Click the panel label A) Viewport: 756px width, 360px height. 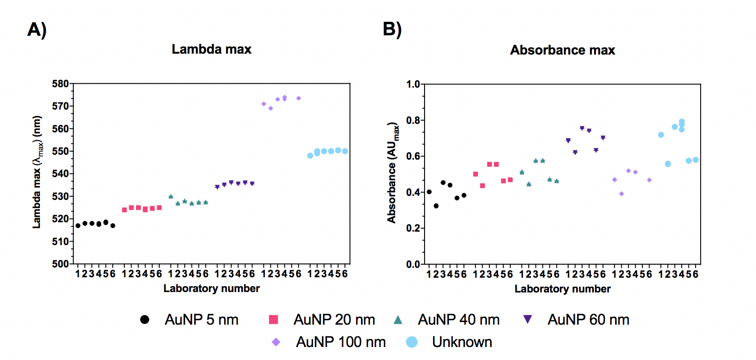37,30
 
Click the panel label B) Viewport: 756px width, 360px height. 392,30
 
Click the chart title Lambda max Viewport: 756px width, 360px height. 212,49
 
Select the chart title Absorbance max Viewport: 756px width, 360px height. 562,50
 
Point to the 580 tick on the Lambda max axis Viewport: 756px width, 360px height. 60,84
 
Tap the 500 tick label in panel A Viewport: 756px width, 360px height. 60,264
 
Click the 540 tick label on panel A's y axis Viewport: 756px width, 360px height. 60,174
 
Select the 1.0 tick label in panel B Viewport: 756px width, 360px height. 413,84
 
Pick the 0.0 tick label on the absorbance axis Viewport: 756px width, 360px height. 413,264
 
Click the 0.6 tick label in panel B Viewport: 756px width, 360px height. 413,156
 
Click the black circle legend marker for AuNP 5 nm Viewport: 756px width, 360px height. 144,319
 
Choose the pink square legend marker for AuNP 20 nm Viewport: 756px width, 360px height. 273,319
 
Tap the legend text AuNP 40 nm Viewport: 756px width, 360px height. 459,320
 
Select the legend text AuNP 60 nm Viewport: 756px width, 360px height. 588,320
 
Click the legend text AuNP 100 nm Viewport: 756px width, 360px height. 340,342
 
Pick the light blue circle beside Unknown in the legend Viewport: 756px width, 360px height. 412,342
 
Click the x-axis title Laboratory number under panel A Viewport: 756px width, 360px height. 212,288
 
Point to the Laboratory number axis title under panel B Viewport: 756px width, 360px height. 562,289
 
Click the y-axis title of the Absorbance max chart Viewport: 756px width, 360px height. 393,172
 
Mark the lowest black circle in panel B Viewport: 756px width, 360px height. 436,206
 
